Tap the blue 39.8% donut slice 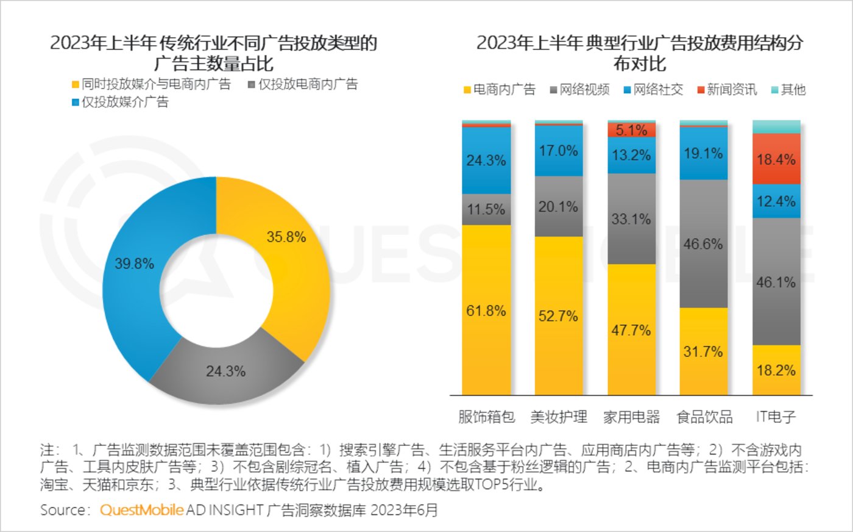tap(135, 268)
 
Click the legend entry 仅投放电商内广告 tap(303, 84)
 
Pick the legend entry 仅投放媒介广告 tap(120, 102)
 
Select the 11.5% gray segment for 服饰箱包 tap(486, 209)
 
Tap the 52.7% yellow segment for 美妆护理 tap(558, 315)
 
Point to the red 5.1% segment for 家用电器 tap(631, 129)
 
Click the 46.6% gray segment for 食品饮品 tap(703, 243)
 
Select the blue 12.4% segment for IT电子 tap(776, 201)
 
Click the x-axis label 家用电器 tap(631, 417)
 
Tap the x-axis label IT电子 tap(776, 417)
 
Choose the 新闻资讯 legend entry tap(726, 90)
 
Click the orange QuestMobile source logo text tap(141, 509)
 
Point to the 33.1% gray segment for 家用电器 tap(631, 218)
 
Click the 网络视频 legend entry tap(579, 90)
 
